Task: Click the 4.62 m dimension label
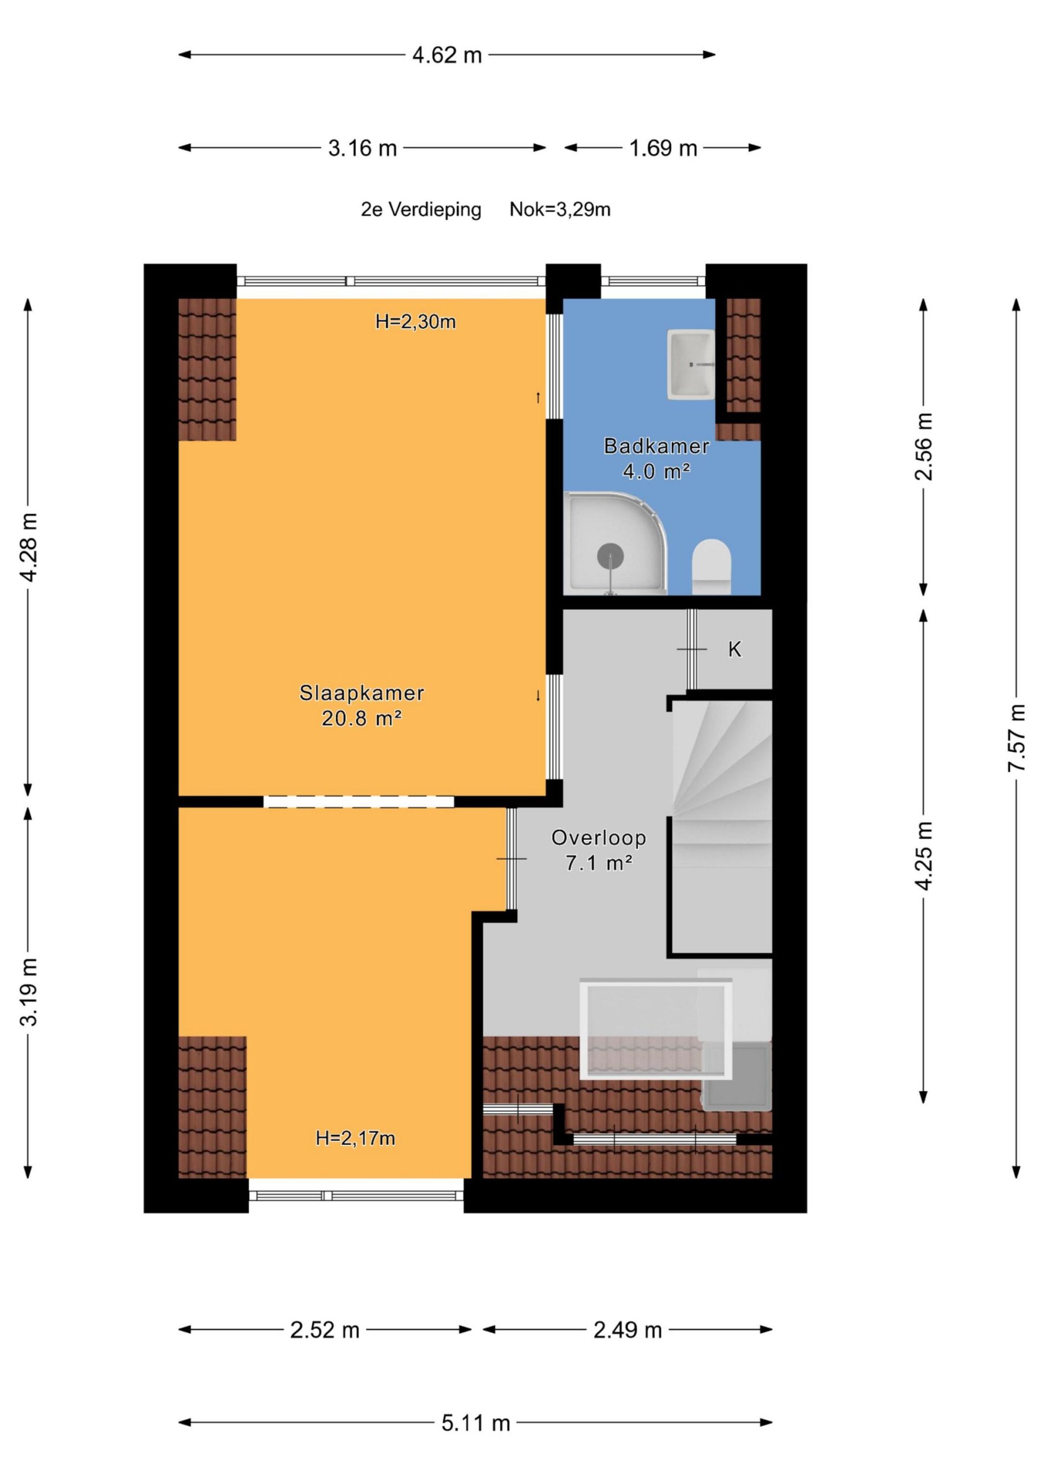tap(446, 55)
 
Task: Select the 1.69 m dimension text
tap(663, 149)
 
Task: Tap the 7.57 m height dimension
tap(1016, 738)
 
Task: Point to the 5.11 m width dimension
tap(475, 1423)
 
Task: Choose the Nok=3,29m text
tap(559, 209)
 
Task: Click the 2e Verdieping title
tap(420, 209)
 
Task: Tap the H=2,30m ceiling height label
tap(415, 321)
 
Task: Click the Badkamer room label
tap(656, 446)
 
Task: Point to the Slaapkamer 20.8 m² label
tap(362, 706)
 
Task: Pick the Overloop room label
tap(598, 838)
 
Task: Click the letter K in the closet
tap(735, 650)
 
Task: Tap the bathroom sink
tap(691, 364)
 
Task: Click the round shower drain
tap(610, 556)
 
